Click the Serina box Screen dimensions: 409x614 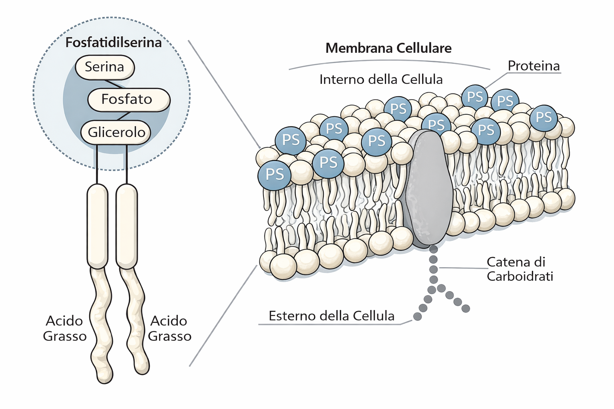pos(104,67)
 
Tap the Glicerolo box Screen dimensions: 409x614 pos(116,132)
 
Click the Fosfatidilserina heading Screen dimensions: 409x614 pos(114,42)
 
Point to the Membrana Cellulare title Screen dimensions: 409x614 pos(389,48)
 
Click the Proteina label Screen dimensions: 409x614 pos(534,66)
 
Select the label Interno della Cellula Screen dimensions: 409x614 pos(381,79)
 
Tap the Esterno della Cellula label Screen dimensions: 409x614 pos(331,316)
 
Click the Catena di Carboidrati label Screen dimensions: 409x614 pos(520,269)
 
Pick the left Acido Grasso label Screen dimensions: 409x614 pos(65,328)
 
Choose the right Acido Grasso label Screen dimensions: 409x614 pos(169,328)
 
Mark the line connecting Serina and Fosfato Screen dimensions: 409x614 pos(114,84)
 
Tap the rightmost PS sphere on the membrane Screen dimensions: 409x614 pos(544,117)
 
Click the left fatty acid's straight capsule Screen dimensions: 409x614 pos(98,226)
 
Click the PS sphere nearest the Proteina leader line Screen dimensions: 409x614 pos(475,97)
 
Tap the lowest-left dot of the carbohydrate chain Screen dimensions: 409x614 pos(417,316)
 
